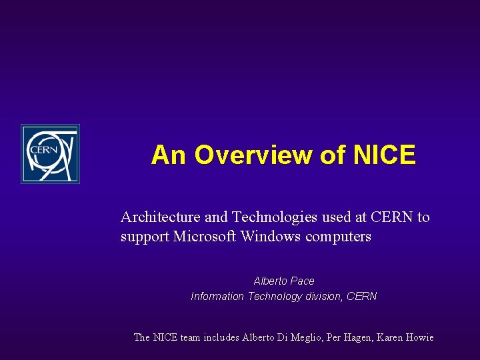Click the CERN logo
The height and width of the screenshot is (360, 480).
[x=50, y=154]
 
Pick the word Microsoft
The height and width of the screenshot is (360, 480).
[x=205, y=237]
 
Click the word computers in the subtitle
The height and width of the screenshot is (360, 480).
[x=338, y=237]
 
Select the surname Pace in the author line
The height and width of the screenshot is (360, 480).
[x=302, y=281]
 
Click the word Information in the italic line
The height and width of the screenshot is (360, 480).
[x=217, y=297]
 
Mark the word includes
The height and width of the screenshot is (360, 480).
[x=221, y=337]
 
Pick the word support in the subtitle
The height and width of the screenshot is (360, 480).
[x=145, y=237]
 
